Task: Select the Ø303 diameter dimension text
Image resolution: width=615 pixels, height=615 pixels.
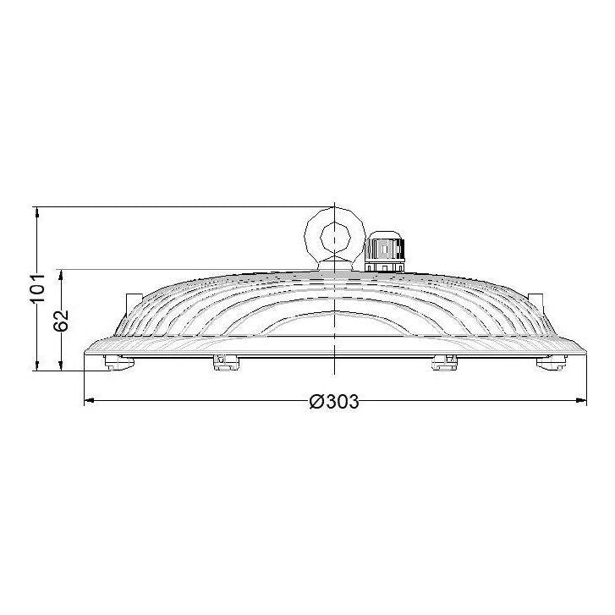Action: (x=334, y=402)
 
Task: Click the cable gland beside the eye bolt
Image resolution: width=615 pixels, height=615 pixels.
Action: (x=386, y=250)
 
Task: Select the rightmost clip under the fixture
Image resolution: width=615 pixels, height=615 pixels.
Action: (x=549, y=361)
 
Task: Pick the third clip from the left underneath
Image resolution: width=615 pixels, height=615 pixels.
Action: (x=444, y=362)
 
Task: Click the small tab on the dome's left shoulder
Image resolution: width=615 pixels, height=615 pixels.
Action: (x=129, y=299)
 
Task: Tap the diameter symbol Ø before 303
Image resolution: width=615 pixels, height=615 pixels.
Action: (x=316, y=402)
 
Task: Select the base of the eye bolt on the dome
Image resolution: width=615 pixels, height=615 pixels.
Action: (x=335, y=265)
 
